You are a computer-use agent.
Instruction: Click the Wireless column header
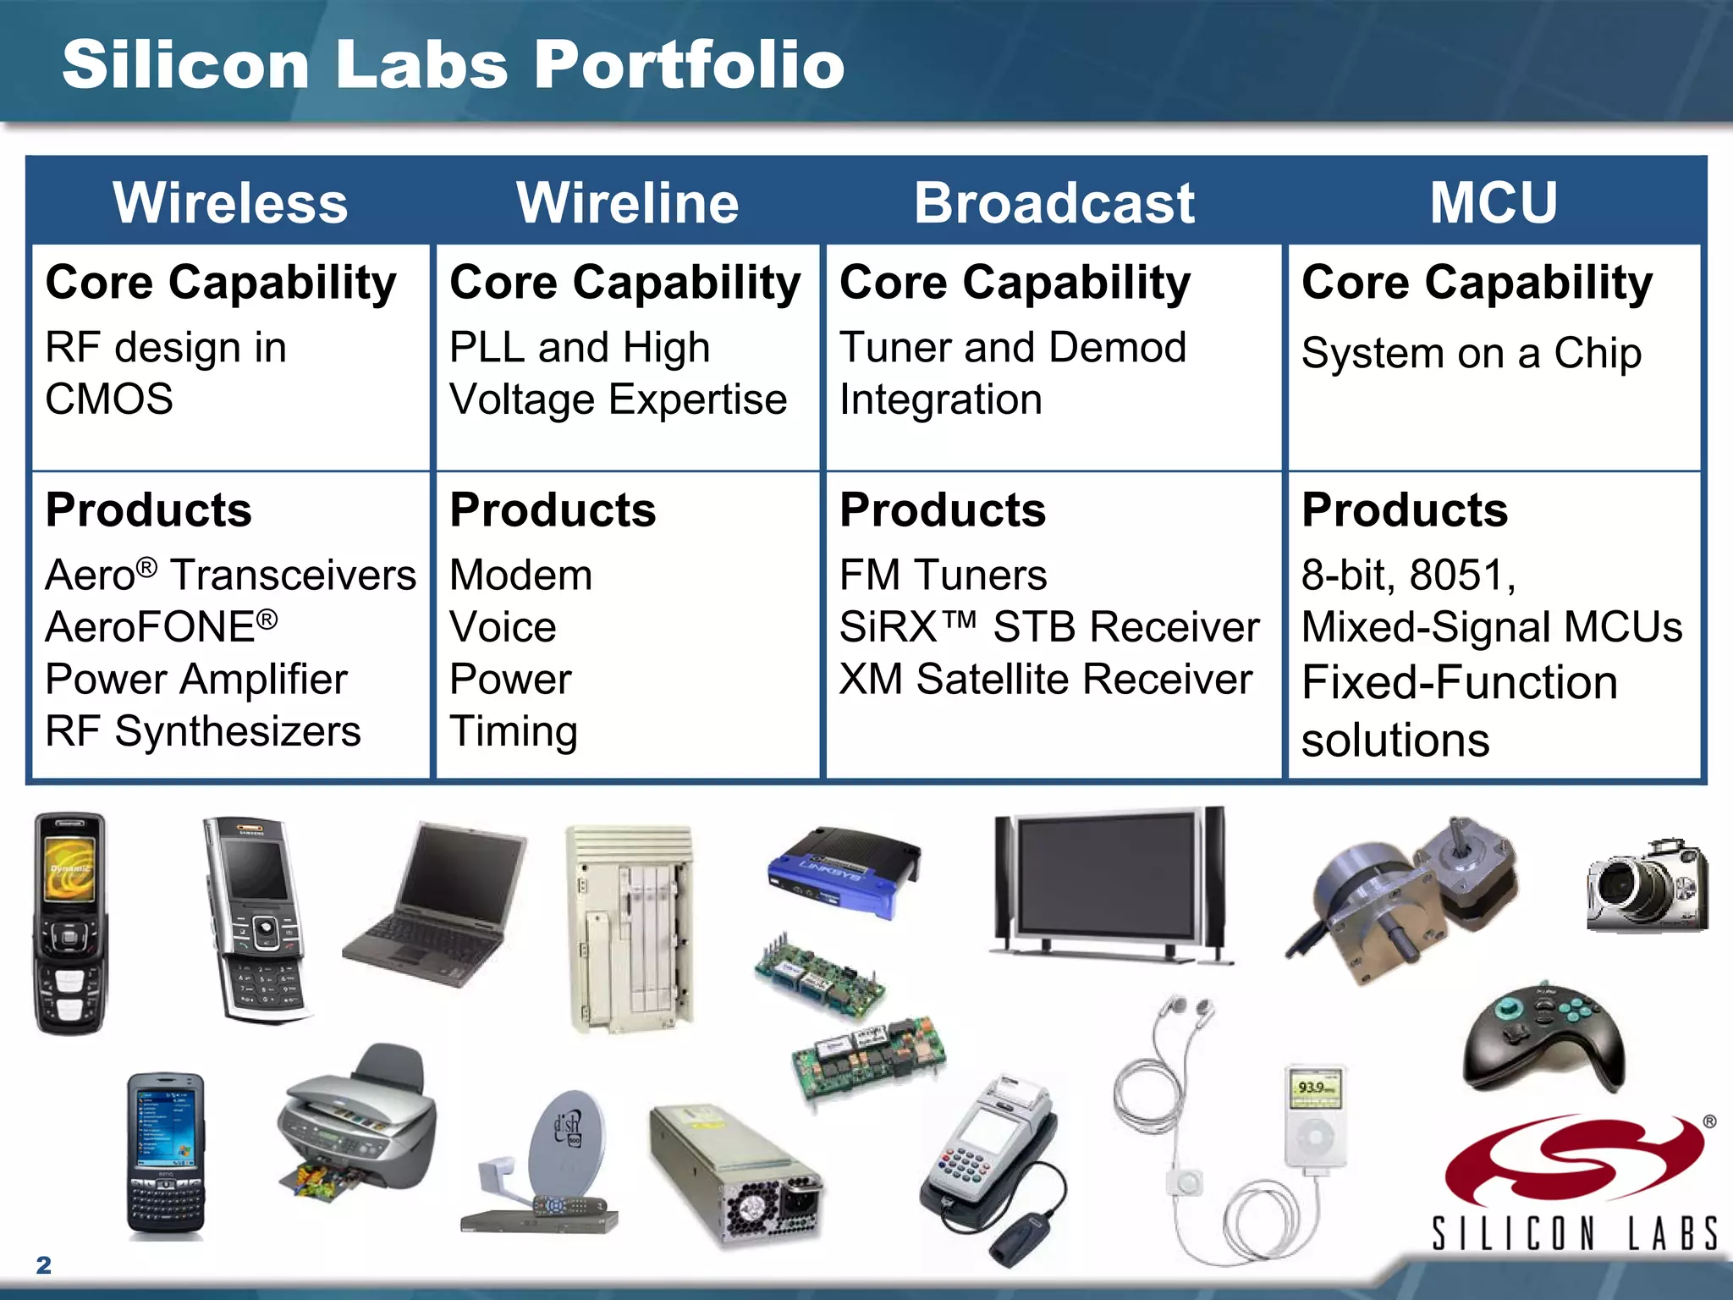coord(230,203)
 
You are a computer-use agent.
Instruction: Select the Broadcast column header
coord(1054,203)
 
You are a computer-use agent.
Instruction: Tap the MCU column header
coord(1494,203)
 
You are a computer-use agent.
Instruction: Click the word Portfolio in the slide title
coord(689,65)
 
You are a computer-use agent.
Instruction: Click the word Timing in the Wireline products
coord(514,732)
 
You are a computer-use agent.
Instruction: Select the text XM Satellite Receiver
coord(1045,680)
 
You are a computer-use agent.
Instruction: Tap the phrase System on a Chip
coord(1471,353)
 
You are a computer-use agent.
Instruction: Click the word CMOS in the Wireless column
coord(109,399)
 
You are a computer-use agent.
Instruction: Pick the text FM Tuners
coord(943,576)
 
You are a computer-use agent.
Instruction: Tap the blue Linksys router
coord(844,872)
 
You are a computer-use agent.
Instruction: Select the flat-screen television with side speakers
coord(1110,884)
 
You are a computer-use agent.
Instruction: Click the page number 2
coord(44,1265)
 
